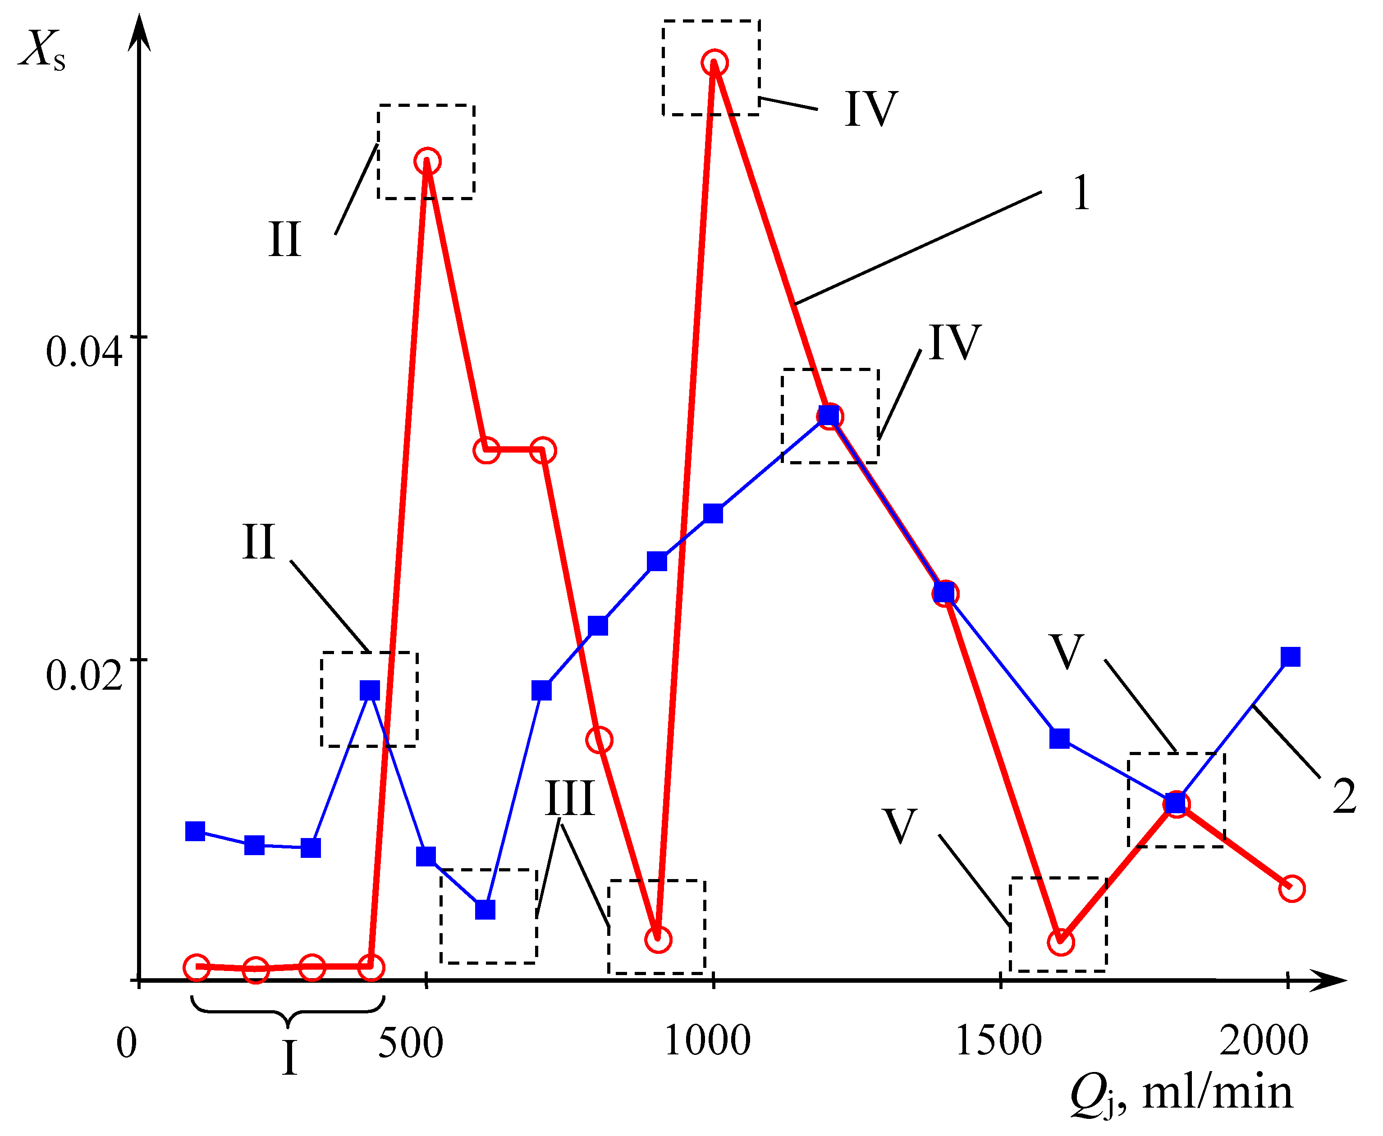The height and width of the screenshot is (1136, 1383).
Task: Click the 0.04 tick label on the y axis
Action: point(84,352)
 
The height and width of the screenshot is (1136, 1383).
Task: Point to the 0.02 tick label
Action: point(84,675)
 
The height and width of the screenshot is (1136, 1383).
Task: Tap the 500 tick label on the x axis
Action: point(410,1042)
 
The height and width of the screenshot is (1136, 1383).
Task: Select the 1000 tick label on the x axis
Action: point(706,1040)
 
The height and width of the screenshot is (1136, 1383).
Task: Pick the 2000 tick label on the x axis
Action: point(1263,1040)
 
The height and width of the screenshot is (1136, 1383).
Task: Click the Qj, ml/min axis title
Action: point(1182,1094)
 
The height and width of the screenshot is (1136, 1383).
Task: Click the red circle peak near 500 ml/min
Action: point(427,161)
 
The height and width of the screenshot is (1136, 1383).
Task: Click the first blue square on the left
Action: point(195,831)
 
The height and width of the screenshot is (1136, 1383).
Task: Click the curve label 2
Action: point(1344,797)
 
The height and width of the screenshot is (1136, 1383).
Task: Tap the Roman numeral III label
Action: point(570,798)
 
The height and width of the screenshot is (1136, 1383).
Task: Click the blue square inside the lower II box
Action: point(370,690)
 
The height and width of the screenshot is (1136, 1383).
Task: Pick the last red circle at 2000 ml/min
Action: point(1291,889)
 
